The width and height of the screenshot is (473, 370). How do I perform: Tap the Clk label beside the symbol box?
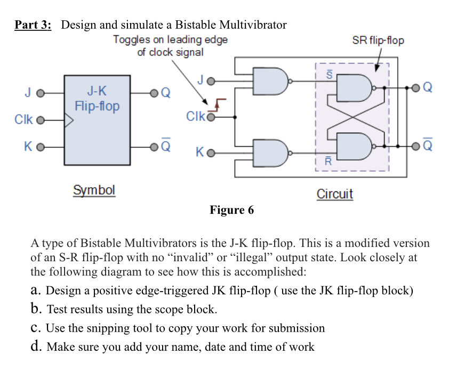(25, 119)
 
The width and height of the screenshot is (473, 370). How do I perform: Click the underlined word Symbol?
(94, 190)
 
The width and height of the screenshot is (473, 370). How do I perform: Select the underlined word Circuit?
(335, 194)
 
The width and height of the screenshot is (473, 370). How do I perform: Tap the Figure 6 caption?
(231, 210)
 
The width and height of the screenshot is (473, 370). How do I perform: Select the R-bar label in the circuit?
(330, 160)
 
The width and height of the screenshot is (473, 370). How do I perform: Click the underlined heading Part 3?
(33, 25)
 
